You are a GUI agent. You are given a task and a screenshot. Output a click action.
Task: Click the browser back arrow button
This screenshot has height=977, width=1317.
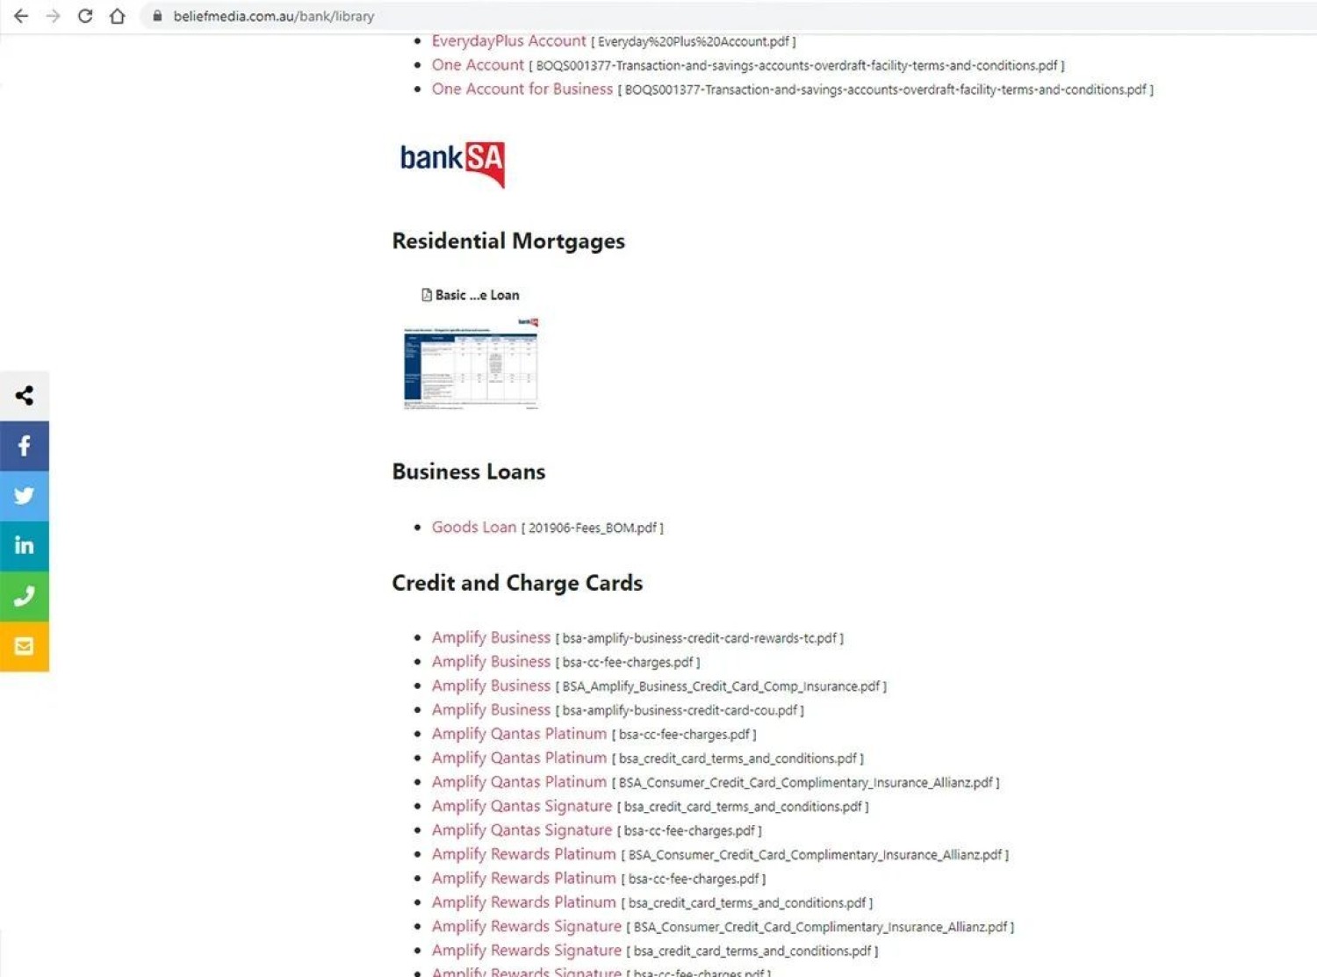[21, 16]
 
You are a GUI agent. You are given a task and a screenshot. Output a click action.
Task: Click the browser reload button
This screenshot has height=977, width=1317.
[85, 16]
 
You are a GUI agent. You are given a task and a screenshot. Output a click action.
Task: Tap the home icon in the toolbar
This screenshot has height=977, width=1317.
[117, 16]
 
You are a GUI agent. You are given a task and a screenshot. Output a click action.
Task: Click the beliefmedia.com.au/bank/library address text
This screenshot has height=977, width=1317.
[273, 16]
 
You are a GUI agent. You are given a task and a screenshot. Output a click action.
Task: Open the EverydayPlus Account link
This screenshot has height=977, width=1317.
[508, 41]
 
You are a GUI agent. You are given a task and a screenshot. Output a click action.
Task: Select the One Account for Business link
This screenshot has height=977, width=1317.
[522, 90]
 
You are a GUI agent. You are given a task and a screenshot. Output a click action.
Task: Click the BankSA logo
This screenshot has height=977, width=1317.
[452, 163]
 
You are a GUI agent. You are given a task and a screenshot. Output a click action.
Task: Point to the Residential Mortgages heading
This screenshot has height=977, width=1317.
[508, 241]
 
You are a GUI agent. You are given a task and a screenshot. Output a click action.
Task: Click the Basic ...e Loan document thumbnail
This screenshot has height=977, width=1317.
[471, 363]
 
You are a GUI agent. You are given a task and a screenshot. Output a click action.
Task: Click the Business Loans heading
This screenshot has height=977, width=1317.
[468, 472]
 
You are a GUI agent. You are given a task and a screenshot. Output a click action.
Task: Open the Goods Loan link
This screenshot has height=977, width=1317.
[473, 528]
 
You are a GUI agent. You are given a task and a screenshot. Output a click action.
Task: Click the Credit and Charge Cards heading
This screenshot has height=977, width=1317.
[517, 584]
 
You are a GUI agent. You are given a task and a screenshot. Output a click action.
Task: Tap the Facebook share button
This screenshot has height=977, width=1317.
[25, 446]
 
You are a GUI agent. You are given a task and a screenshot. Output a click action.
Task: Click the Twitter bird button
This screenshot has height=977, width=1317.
[25, 496]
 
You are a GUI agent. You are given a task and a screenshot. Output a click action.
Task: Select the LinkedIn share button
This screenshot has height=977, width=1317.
[25, 546]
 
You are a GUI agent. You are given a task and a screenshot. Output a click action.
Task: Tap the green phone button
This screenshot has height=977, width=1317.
[25, 596]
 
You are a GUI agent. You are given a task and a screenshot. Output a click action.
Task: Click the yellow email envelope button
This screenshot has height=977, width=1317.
[25, 646]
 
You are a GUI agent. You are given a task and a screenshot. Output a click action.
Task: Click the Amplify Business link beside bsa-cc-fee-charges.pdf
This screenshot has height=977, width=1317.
[491, 662]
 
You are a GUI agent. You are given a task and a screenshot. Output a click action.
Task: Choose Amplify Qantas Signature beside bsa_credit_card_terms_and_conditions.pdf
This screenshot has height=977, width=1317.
[522, 806]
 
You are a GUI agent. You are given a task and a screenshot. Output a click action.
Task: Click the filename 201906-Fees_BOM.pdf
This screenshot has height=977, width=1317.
[593, 528]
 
